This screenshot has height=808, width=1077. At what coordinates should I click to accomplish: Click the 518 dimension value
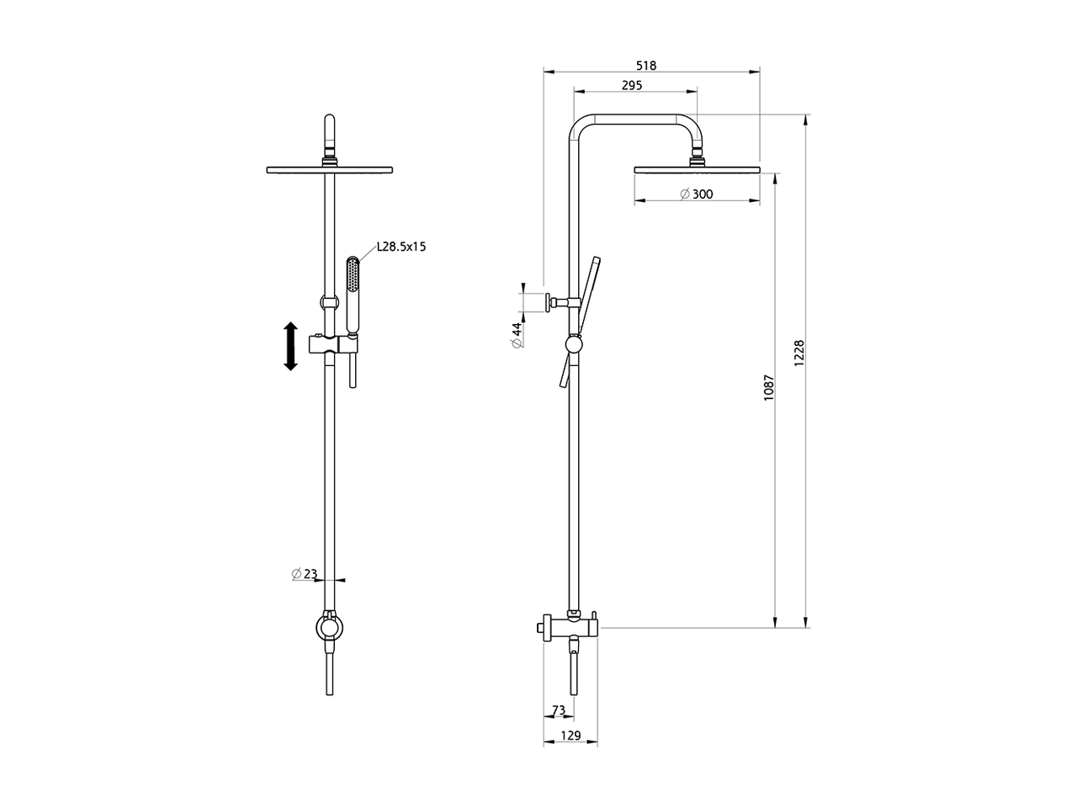click(x=645, y=66)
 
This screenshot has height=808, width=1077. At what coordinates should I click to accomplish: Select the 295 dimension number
click(x=632, y=85)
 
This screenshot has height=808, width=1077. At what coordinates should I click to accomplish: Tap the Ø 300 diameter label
click(x=696, y=194)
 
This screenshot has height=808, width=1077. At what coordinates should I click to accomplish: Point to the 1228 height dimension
click(x=799, y=353)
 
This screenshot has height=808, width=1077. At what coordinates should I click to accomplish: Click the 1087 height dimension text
click(x=769, y=387)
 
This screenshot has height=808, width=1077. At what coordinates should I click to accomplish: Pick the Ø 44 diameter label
click(x=517, y=336)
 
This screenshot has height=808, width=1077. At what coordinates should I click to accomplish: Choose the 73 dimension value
click(x=559, y=710)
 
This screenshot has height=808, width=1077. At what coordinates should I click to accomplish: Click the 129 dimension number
click(x=570, y=736)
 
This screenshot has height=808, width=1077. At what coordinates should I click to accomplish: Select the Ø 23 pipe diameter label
click(x=305, y=573)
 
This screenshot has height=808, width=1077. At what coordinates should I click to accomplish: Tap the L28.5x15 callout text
click(x=401, y=247)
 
